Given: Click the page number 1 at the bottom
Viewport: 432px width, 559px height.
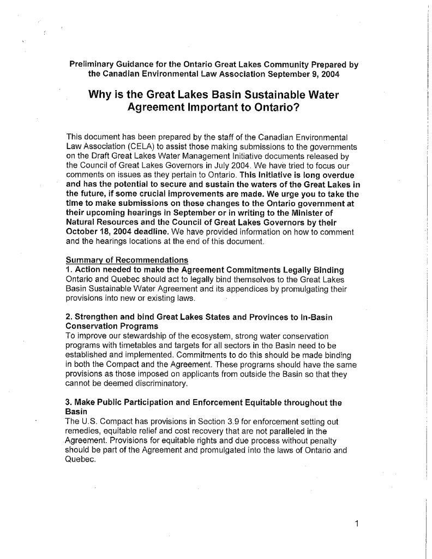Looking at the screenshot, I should [356, 525].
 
